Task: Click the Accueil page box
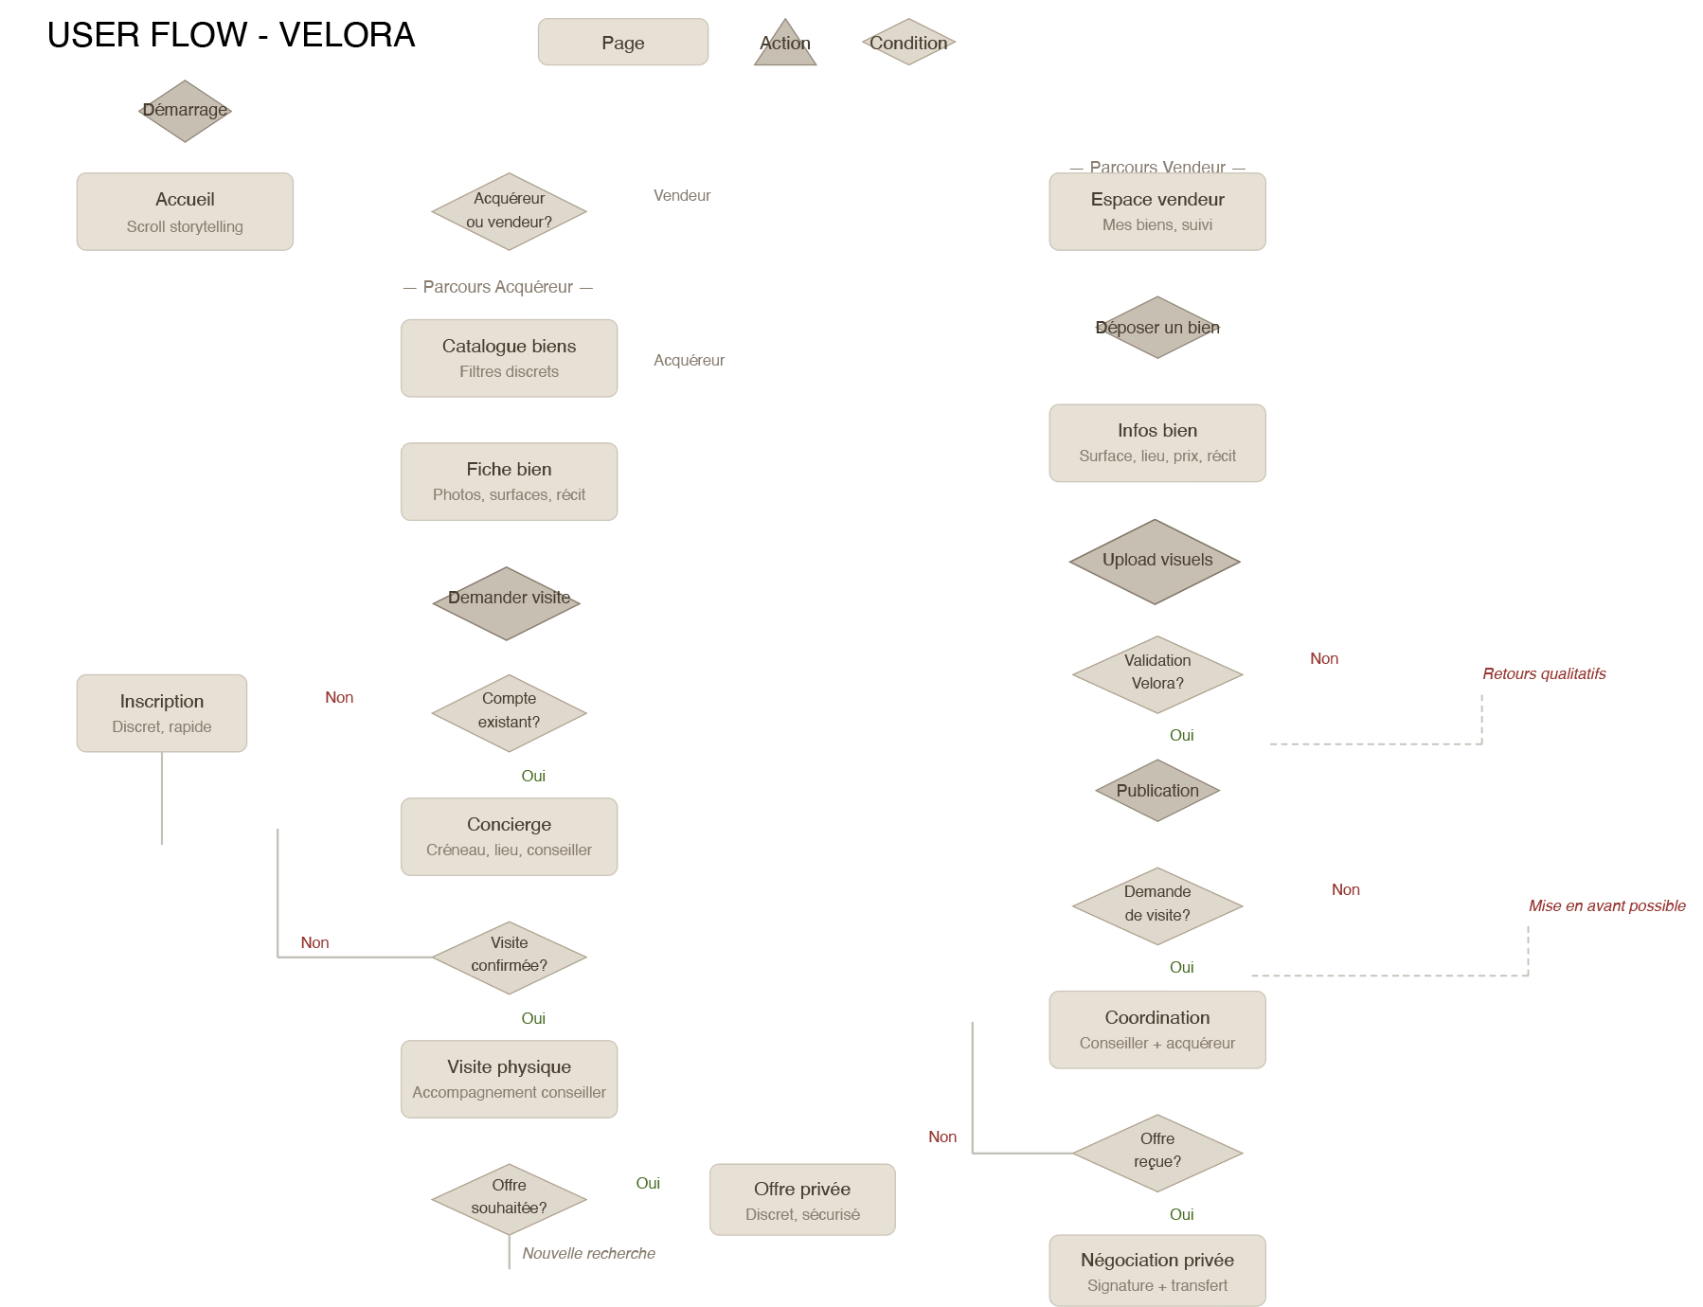click(x=185, y=211)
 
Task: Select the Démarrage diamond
click(x=185, y=111)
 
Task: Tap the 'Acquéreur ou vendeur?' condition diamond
click(x=509, y=211)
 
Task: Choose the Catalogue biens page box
click(x=509, y=358)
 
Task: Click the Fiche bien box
click(x=509, y=481)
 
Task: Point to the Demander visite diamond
click(x=507, y=602)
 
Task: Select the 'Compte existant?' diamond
click(x=509, y=712)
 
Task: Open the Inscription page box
click(x=162, y=712)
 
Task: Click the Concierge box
click(x=509, y=836)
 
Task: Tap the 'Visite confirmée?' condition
click(x=509, y=957)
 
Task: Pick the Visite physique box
click(x=509, y=1079)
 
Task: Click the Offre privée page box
click(x=802, y=1199)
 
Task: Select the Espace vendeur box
click(x=1156, y=211)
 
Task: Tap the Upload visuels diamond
click(x=1155, y=561)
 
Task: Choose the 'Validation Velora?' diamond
click(x=1156, y=673)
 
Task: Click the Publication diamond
click(x=1156, y=790)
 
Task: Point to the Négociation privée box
click(x=1156, y=1270)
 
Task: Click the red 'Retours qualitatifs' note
click(x=1544, y=673)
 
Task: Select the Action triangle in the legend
click(x=785, y=46)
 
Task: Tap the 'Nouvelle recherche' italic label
click(x=588, y=1253)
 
